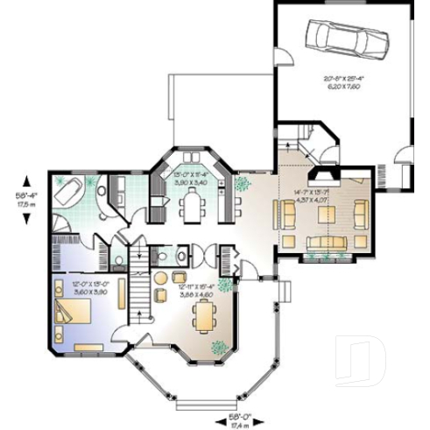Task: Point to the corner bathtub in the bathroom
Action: coord(68,188)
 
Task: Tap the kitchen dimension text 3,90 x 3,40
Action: coord(191,181)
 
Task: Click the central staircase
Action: coord(140,280)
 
